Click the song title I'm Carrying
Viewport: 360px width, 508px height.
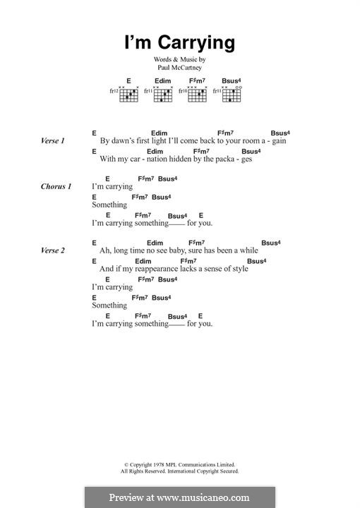click(x=180, y=43)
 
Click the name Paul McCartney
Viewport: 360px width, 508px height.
click(x=180, y=69)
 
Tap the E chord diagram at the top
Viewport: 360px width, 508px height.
click(x=128, y=95)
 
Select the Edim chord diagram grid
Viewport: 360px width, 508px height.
click(x=163, y=95)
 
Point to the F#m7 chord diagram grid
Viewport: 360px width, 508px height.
click(x=198, y=95)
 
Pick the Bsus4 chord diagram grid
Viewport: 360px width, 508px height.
click(x=232, y=95)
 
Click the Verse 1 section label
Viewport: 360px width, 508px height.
click(x=53, y=141)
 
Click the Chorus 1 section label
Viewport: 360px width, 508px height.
click(x=56, y=187)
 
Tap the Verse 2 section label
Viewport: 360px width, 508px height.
click(x=53, y=251)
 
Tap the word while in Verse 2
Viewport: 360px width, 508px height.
click(x=248, y=250)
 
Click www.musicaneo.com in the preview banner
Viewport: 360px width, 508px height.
click(x=209, y=497)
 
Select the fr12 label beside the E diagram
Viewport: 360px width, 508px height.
click(x=113, y=91)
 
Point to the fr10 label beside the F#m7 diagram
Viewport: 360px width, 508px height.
click(x=182, y=91)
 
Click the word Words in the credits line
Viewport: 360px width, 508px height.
click(x=164, y=61)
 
